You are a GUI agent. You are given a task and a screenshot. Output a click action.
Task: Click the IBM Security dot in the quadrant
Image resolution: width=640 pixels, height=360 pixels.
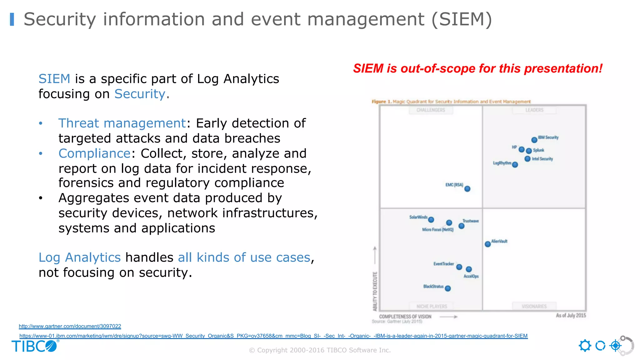(x=534, y=140)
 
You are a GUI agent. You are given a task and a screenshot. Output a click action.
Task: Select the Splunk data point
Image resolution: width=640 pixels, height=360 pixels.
(x=529, y=151)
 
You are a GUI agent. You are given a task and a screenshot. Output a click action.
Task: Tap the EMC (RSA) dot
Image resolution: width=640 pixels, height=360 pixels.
(x=467, y=189)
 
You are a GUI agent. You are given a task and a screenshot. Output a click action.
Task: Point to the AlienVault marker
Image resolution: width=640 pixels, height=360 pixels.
(x=487, y=244)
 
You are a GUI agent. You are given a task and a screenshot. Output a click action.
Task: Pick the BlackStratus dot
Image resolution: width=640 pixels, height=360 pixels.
(x=448, y=288)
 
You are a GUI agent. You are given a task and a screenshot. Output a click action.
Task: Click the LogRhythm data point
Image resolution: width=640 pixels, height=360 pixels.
(x=515, y=165)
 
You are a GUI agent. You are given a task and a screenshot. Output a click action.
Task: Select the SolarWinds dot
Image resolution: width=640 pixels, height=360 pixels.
(x=431, y=220)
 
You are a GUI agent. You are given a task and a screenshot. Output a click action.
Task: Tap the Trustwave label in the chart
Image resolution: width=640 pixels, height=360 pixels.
(x=471, y=221)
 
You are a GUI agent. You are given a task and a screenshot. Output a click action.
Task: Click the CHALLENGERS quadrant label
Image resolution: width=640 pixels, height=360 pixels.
(x=431, y=110)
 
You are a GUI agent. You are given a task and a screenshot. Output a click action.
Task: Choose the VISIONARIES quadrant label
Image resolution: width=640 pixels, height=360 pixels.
(x=534, y=306)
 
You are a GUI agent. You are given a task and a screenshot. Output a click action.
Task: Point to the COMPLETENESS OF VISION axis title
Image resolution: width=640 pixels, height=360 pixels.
(x=405, y=317)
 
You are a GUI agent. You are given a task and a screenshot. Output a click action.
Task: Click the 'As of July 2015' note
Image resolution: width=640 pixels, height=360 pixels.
(x=571, y=315)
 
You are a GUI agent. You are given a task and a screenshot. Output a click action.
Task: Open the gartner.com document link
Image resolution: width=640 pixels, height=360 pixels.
(x=70, y=326)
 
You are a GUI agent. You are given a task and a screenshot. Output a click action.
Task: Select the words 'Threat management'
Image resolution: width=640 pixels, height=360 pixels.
(x=122, y=123)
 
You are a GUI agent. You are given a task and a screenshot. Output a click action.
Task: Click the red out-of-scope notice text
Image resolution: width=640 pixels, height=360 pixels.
(x=477, y=68)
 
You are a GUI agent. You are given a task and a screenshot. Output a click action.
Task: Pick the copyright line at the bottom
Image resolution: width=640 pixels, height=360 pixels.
(x=320, y=350)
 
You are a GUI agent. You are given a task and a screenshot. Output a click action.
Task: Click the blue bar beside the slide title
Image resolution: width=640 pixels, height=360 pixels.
(x=12, y=19)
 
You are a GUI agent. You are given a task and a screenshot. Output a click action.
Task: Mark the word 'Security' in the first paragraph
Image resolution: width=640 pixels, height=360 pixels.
(x=140, y=94)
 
